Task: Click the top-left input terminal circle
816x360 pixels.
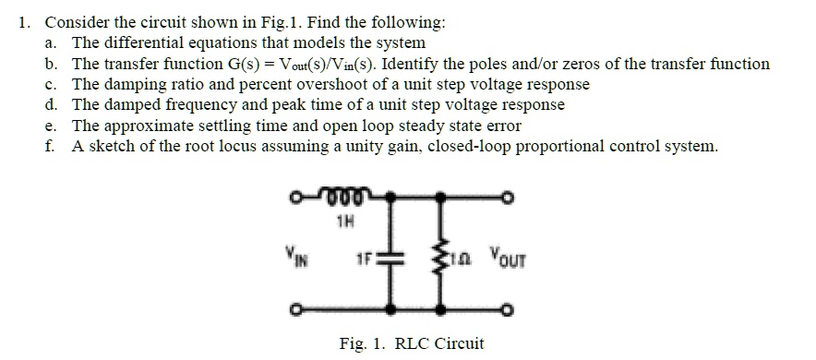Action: point(293,195)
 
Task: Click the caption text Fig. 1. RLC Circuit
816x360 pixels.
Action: point(411,343)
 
